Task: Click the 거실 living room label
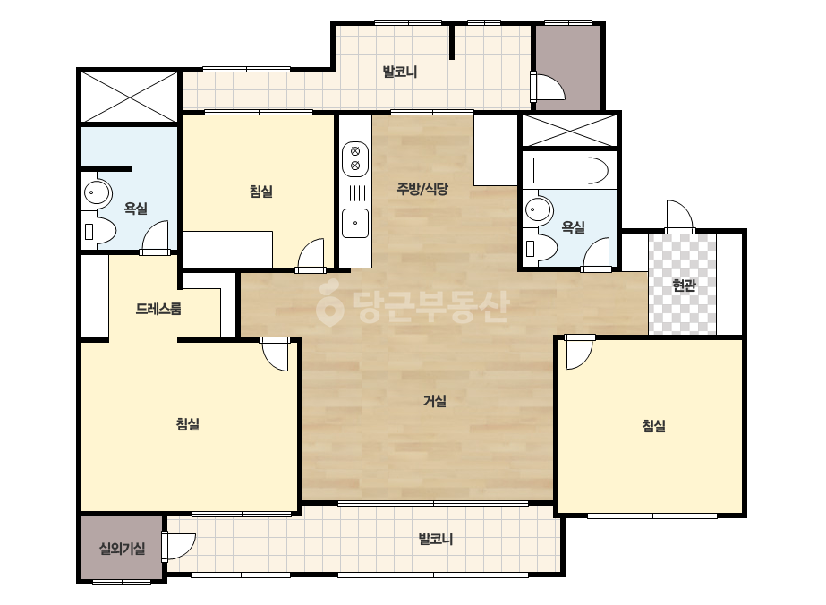(x=435, y=402)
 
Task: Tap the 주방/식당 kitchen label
(x=422, y=189)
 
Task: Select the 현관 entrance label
(x=684, y=285)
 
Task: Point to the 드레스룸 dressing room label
(x=158, y=308)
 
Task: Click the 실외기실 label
(x=123, y=550)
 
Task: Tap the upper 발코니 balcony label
(x=400, y=71)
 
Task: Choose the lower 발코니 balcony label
(x=436, y=539)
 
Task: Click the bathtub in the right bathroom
(x=571, y=171)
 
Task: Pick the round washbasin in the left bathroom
(x=97, y=193)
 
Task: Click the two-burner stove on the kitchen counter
(x=355, y=158)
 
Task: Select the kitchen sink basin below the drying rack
(x=355, y=223)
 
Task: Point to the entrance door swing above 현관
(x=679, y=217)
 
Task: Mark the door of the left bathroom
(x=156, y=238)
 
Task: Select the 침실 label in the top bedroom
(x=261, y=191)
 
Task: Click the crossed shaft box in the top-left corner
(x=130, y=98)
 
